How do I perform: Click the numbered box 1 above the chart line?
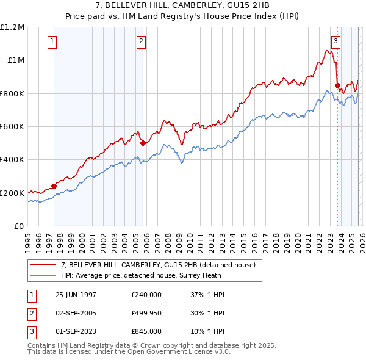coord(52,41)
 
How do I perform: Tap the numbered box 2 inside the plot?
coord(141,41)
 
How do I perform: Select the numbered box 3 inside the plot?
coord(335,41)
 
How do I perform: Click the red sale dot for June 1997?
coord(54,186)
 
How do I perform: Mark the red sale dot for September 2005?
coord(143,143)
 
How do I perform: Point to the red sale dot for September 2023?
coord(337,85)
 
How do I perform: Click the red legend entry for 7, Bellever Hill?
coord(161,265)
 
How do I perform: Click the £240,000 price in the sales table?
coord(146,294)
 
